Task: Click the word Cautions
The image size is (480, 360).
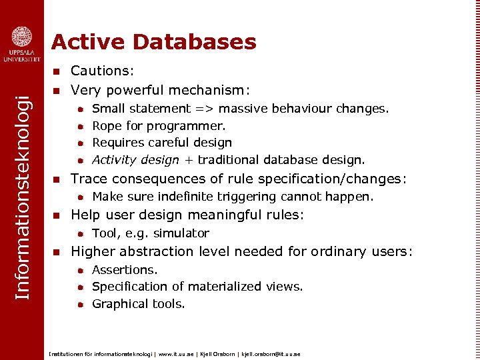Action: (102, 71)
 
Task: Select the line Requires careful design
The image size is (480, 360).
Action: (162, 143)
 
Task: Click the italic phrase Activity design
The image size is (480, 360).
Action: (135, 160)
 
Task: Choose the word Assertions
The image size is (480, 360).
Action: (125, 270)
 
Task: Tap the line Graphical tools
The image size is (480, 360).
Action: (139, 304)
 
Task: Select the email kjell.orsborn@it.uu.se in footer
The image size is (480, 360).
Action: (271, 354)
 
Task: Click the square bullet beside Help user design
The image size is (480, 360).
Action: (57, 215)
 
